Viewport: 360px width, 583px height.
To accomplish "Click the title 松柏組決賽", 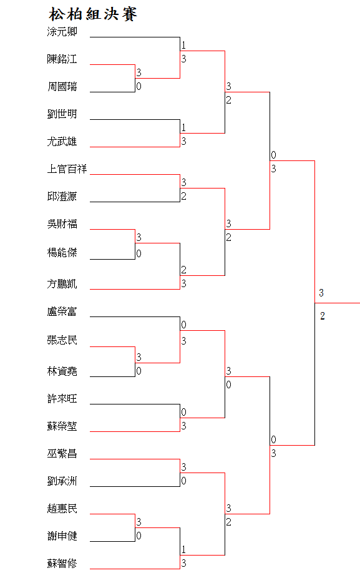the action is pyautogui.click(x=93, y=14).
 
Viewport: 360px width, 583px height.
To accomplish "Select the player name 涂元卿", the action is pyautogui.click(x=62, y=32).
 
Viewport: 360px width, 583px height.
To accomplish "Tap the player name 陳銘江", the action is pyautogui.click(x=62, y=59).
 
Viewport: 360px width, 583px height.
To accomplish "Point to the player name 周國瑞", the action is pyautogui.click(x=62, y=87).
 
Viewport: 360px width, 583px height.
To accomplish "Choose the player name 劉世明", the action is pyautogui.click(x=62, y=114).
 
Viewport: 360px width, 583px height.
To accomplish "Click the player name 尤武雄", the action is pyautogui.click(x=62, y=141).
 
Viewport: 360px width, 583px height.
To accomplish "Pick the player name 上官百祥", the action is pyautogui.click(x=67, y=169).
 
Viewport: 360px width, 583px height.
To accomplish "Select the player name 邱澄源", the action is pyautogui.click(x=62, y=197).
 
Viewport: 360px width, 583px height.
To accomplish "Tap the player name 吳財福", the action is pyautogui.click(x=62, y=224).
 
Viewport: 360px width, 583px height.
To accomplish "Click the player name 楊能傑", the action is pyautogui.click(x=62, y=253).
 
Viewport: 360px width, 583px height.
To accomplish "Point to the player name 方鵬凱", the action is pyautogui.click(x=62, y=283).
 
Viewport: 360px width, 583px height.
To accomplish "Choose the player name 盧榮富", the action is pyautogui.click(x=62, y=311).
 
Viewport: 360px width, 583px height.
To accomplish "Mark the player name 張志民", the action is pyautogui.click(x=62, y=340).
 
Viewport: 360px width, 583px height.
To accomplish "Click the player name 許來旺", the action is pyautogui.click(x=62, y=399).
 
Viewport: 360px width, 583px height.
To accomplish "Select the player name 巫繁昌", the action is pyautogui.click(x=62, y=454).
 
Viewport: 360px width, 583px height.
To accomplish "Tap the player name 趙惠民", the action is pyautogui.click(x=62, y=509).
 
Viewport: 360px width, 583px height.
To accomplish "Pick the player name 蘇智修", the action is pyautogui.click(x=62, y=563).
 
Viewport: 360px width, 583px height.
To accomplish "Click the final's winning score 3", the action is pyautogui.click(x=321, y=293).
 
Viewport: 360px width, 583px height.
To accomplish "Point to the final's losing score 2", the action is pyautogui.click(x=323, y=316).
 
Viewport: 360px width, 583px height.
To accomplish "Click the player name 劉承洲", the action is pyautogui.click(x=62, y=481).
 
